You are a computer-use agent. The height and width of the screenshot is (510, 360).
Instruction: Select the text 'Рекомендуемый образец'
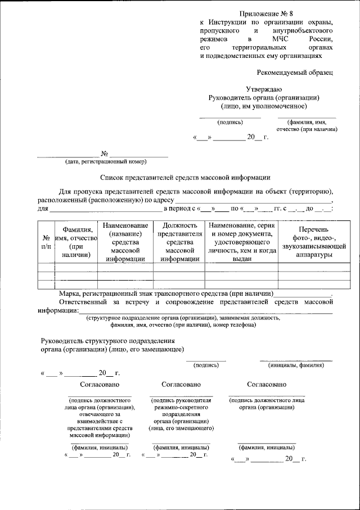(295, 73)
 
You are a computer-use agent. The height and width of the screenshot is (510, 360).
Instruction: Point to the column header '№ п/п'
(46, 242)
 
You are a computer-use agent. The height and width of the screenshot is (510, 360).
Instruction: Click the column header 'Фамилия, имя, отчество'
(77, 242)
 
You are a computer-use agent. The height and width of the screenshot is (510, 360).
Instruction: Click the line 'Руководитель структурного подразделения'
(108, 341)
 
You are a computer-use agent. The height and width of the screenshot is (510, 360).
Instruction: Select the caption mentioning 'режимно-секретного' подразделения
(177, 414)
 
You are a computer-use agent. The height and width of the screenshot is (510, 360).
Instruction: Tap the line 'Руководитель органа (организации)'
(264, 97)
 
